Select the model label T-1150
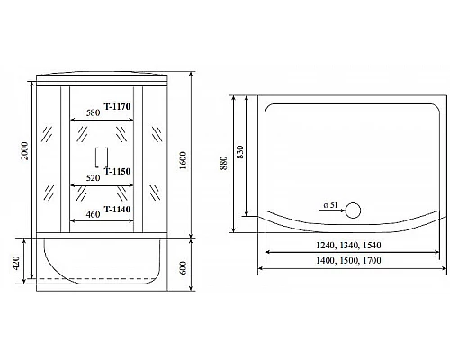(x=119, y=171)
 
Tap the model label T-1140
(x=119, y=210)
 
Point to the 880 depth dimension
(x=225, y=158)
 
